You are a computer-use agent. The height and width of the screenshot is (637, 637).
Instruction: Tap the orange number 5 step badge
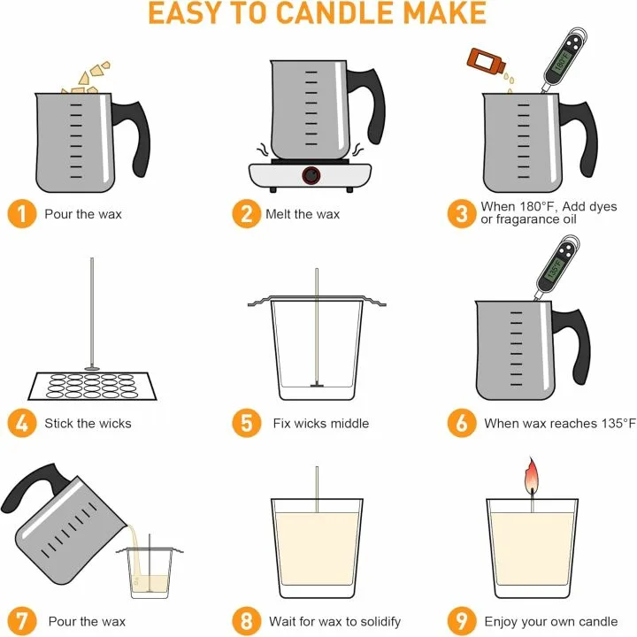[x=247, y=423]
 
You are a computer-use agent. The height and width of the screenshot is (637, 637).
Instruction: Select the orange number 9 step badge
[x=462, y=620]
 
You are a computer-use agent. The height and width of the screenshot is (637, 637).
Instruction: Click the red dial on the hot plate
[x=311, y=175]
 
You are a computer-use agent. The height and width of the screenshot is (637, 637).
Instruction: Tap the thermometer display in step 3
[x=560, y=59]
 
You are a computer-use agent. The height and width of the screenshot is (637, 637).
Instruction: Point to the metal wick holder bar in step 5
[x=316, y=303]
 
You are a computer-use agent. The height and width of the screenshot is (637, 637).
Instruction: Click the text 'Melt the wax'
[x=303, y=214]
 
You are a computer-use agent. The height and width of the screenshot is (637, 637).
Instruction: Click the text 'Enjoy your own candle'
[x=550, y=620]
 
